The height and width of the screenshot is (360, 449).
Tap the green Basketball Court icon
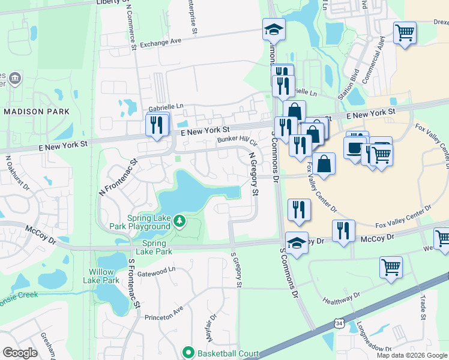(188, 352)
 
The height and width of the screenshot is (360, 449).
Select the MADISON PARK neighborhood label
(36, 112)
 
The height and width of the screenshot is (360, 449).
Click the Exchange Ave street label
(160, 44)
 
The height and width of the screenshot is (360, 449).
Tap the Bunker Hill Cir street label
(237, 142)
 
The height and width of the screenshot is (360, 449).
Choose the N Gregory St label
(253, 174)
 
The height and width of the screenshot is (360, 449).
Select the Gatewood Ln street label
(155, 271)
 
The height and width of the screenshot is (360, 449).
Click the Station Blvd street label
(346, 86)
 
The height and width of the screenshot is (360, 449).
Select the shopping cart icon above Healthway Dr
(391, 266)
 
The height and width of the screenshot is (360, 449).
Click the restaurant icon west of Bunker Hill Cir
(157, 125)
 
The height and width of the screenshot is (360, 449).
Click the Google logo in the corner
(20, 353)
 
